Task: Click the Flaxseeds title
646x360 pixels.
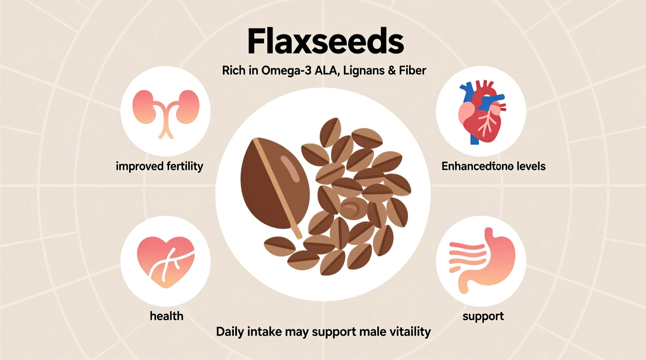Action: (x=325, y=42)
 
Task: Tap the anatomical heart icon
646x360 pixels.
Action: (x=481, y=112)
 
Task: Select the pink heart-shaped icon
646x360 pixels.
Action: (x=166, y=262)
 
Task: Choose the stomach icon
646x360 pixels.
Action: (x=481, y=260)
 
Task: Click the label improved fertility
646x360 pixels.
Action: (x=159, y=166)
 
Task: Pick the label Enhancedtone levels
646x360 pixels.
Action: (x=493, y=166)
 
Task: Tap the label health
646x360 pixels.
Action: (x=167, y=316)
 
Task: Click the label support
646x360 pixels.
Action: (x=483, y=316)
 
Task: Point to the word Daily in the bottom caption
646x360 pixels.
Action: (x=229, y=332)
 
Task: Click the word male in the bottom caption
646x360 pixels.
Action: (x=368, y=332)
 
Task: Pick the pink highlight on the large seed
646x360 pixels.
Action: (x=290, y=168)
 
